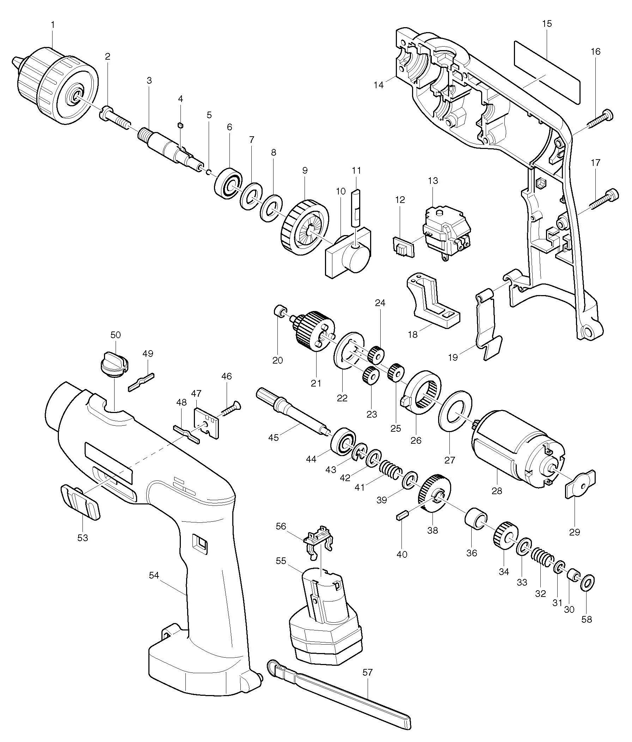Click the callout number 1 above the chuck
tap(53, 25)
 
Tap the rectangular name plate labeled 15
tap(546, 72)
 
